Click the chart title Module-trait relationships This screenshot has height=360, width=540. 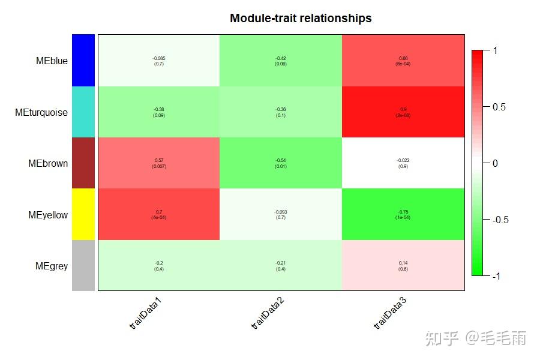click(301, 19)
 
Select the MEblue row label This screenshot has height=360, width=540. click(52, 61)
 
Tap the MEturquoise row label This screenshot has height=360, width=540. click(41, 112)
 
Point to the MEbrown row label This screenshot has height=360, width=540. click(48, 163)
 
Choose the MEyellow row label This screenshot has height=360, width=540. click(48, 215)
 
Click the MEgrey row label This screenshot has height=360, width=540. click(52, 266)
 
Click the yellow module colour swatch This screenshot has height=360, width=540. click(83, 215)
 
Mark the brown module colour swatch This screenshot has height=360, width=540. click(83, 163)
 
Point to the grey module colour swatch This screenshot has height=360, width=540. click(83, 266)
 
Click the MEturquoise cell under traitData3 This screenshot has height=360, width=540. click(403, 112)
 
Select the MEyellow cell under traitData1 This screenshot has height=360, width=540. click(159, 215)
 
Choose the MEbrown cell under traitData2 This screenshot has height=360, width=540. click(281, 163)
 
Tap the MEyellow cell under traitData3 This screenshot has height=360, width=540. click(403, 215)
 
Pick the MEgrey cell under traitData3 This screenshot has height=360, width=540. click(403, 266)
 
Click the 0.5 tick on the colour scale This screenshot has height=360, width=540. click(499, 107)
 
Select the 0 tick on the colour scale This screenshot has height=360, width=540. click(495, 163)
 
